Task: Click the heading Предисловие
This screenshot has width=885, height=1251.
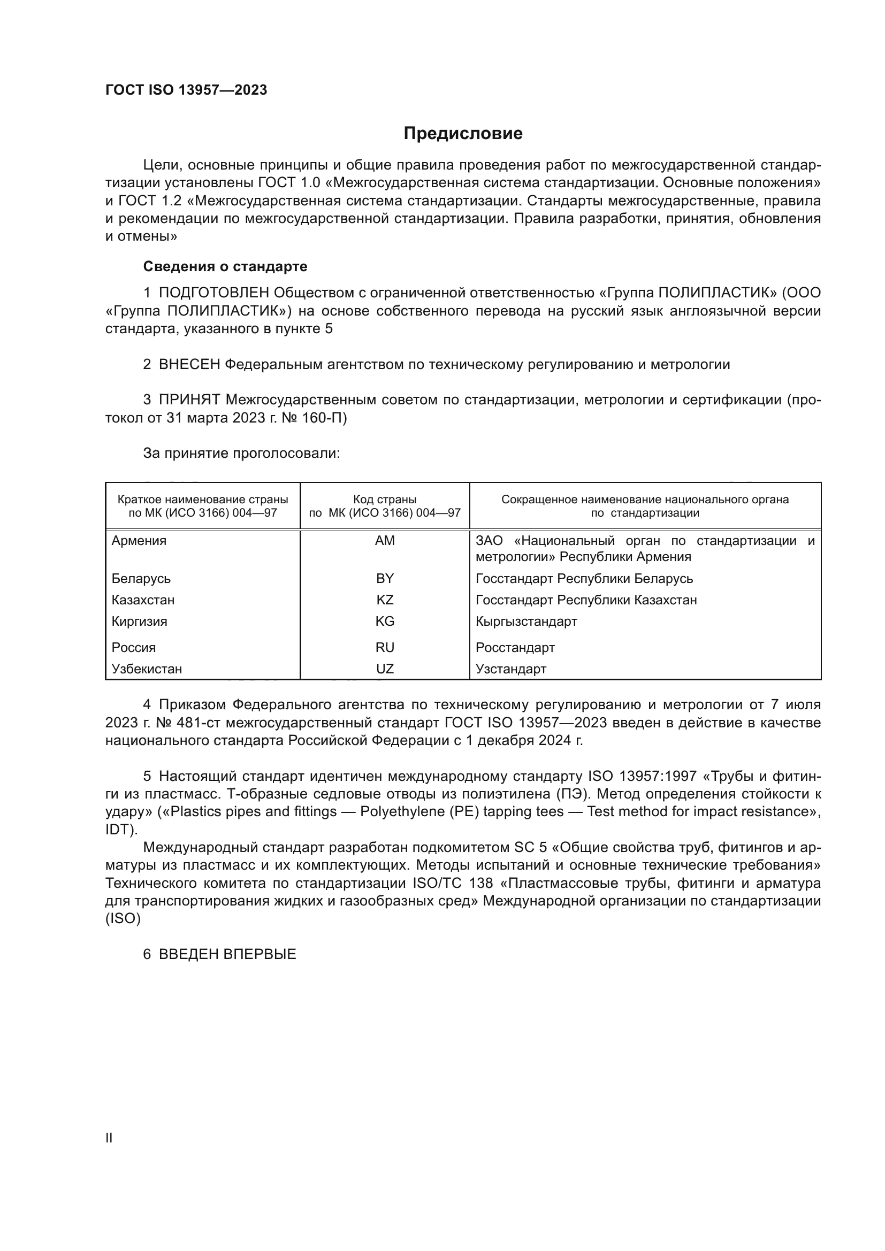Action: (x=463, y=134)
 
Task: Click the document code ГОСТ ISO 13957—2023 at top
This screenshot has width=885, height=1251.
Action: (x=186, y=90)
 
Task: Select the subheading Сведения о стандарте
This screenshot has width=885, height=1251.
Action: (x=225, y=266)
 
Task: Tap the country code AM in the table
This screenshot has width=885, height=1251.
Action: (x=385, y=541)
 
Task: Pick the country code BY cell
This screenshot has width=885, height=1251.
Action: (x=385, y=578)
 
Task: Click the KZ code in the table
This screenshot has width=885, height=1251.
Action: (x=385, y=600)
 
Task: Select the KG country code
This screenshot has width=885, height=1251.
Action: (x=385, y=621)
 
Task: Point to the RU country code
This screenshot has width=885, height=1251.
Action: (x=385, y=647)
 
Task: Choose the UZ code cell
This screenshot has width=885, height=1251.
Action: (x=385, y=669)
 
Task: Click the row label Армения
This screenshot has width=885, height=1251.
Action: (x=139, y=541)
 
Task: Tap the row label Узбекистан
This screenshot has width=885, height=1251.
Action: (x=147, y=669)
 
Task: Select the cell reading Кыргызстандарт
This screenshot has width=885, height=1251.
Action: (x=526, y=621)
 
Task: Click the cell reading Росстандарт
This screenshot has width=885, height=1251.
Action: (x=515, y=647)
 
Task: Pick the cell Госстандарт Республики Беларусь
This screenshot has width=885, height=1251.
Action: (x=584, y=578)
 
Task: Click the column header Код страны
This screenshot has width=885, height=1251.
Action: (x=385, y=500)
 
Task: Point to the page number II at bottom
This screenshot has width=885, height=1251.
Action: (x=109, y=1138)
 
